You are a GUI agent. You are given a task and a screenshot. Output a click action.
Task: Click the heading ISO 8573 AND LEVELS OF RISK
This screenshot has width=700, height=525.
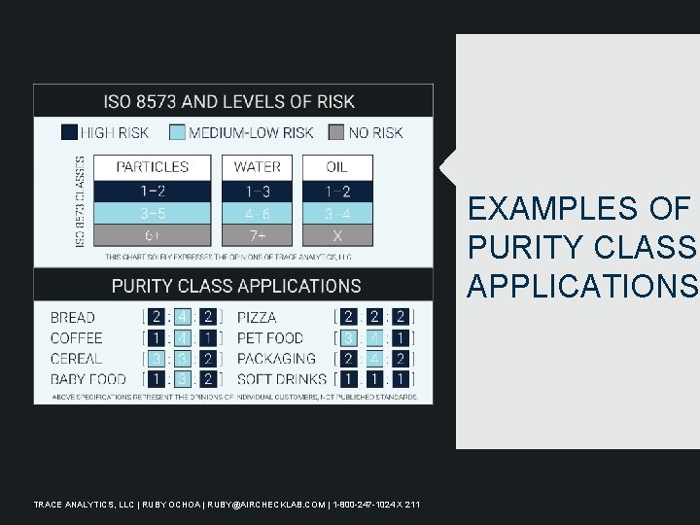[x=229, y=101]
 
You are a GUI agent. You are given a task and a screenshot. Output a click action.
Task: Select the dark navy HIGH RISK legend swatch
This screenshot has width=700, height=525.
[x=69, y=132]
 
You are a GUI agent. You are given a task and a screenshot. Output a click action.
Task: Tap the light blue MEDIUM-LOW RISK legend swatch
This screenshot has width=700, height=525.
[x=177, y=132]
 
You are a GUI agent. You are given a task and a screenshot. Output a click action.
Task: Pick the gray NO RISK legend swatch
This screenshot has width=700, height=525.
[x=335, y=132]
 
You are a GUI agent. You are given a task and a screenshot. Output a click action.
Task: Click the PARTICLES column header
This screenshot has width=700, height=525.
[x=153, y=167]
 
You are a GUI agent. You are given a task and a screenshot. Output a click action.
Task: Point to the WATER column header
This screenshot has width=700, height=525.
[x=258, y=167]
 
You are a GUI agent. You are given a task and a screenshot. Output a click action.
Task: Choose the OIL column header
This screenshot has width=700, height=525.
[x=337, y=167]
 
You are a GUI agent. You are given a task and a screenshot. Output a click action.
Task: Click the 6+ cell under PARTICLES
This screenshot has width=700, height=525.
[x=153, y=235]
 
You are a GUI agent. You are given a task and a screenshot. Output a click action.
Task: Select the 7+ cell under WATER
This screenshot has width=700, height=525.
[x=258, y=235]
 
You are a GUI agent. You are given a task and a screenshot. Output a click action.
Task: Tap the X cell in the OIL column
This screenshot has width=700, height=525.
[x=337, y=235]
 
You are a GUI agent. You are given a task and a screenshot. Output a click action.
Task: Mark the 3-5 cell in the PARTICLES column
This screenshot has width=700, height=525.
[x=153, y=213]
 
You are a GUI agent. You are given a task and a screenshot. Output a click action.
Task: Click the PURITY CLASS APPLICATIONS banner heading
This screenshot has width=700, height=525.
[x=235, y=286]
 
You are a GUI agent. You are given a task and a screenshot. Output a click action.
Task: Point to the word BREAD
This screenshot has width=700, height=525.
[x=73, y=317]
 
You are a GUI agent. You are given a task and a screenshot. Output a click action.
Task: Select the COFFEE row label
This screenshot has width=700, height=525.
[x=77, y=338]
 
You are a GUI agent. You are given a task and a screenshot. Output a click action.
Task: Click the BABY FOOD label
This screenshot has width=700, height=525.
[x=88, y=379]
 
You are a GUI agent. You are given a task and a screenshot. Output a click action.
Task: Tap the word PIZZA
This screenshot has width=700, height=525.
[x=257, y=317]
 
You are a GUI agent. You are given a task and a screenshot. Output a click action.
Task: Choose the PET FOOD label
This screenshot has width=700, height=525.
[x=270, y=338]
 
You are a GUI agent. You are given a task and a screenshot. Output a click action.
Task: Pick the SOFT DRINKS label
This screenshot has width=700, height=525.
[x=282, y=379]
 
